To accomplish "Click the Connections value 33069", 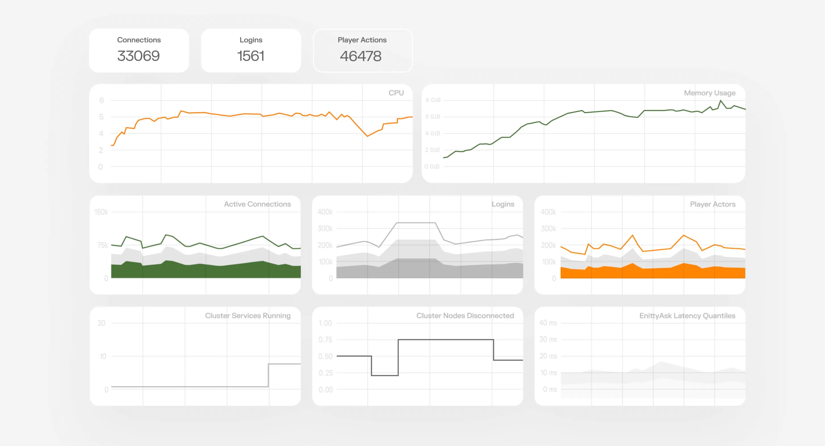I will [x=138, y=56].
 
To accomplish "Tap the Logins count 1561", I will [x=251, y=56].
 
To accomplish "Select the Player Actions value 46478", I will [x=360, y=56].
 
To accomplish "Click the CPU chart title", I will [x=396, y=93].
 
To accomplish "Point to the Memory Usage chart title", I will [x=709, y=93].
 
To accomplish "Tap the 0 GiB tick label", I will [x=432, y=167].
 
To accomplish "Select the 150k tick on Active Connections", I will [x=101, y=212].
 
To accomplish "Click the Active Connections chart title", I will [x=257, y=204].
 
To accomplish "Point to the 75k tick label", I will [x=102, y=245].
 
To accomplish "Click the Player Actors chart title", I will [x=713, y=204].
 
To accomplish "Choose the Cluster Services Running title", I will [x=248, y=315].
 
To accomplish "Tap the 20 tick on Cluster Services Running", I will [x=101, y=323].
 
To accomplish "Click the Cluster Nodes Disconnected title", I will [x=465, y=315].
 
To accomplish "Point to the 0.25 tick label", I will [x=326, y=373].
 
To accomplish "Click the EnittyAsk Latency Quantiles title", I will [x=687, y=315].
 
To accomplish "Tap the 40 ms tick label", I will [x=548, y=323].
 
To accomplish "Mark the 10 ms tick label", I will [x=549, y=373].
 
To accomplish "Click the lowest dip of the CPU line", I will [x=367, y=136].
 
